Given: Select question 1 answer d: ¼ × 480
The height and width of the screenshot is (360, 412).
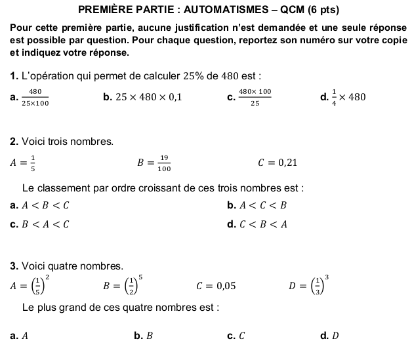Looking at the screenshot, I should coord(344,97).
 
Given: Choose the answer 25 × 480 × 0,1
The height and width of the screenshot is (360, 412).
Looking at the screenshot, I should coord(148,98).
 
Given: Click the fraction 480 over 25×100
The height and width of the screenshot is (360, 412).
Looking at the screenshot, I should coord(35,97).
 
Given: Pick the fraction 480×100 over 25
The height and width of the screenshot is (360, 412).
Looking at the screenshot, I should coord(255,97).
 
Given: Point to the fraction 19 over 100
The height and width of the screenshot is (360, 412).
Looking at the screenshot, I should coord(163,163).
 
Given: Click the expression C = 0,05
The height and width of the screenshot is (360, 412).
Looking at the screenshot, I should coord(216,285).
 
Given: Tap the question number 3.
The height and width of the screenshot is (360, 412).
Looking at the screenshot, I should coord(14,266).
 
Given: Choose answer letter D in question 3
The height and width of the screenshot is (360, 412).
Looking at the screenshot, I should coord(335,336).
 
